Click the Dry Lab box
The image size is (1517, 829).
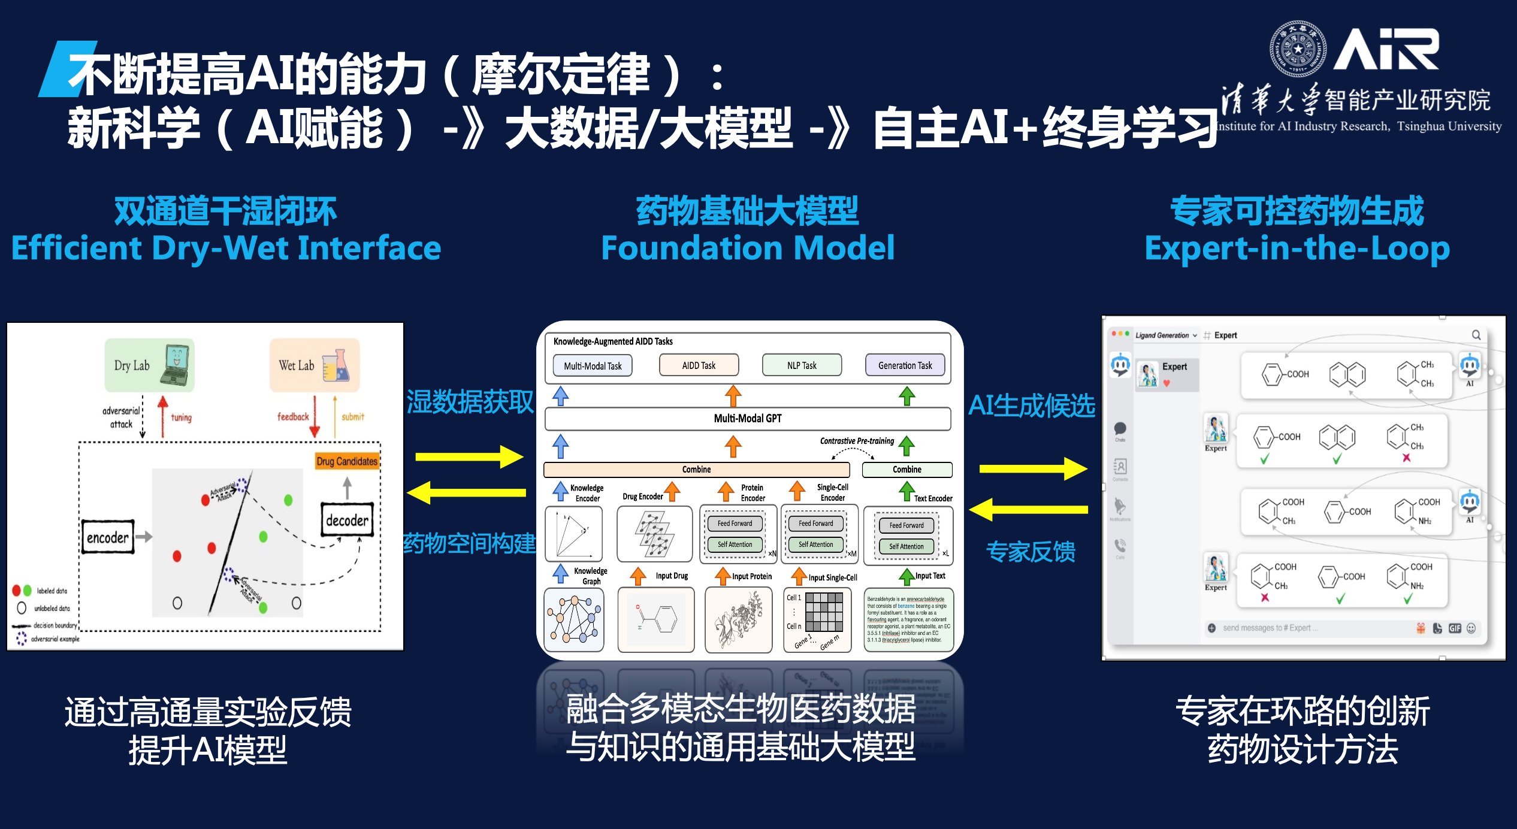(149, 365)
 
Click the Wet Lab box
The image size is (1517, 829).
(314, 365)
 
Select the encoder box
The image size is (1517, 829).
(108, 537)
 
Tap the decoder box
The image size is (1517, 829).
(347, 519)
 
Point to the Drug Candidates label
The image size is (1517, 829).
(347, 461)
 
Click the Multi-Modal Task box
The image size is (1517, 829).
(592, 365)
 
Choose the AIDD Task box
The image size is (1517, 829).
(699, 365)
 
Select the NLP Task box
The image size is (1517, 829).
(802, 365)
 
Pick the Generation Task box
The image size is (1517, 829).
(905, 365)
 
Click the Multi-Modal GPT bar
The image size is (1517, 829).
(747, 418)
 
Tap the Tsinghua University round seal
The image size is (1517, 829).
(1298, 49)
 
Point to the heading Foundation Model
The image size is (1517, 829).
(747, 248)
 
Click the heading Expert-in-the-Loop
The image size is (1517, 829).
(1297, 248)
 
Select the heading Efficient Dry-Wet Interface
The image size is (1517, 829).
(226, 248)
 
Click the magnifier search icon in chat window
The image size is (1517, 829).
(1476, 335)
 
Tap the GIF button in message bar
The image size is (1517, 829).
(1455, 628)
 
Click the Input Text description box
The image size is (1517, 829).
(908, 619)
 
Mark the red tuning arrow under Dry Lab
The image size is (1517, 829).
(163, 416)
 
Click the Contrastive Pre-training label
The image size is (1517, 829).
(857, 441)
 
